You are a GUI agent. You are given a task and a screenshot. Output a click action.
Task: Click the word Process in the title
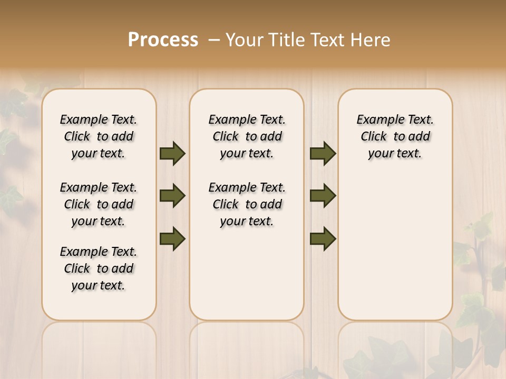(x=163, y=39)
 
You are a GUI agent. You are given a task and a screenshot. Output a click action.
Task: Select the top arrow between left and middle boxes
(x=172, y=154)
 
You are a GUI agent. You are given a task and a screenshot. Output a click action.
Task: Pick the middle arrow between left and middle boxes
(x=172, y=196)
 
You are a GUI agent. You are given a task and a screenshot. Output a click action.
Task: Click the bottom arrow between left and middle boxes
(x=172, y=238)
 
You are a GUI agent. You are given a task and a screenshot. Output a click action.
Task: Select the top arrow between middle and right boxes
(x=323, y=154)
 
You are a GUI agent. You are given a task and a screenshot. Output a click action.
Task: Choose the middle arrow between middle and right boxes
(x=323, y=196)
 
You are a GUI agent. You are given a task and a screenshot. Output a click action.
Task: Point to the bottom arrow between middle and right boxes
(x=323, y=238)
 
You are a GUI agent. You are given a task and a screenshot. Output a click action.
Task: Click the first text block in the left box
(x=99, y=136)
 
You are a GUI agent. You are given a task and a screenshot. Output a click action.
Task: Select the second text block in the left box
(x=99, y=204)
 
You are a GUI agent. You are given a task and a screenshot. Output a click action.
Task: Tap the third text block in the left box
(x=99, y=268)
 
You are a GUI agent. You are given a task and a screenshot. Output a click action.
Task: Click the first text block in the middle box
(x=247, y=136)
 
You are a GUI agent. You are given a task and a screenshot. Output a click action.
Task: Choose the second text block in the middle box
(x=247, y=204)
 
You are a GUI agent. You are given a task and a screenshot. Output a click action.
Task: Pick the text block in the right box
(x=395, y=136)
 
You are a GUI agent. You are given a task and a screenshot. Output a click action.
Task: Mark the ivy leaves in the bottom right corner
(x=474, y=316)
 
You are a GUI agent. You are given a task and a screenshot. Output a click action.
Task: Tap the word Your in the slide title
(x=245, y=39)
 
